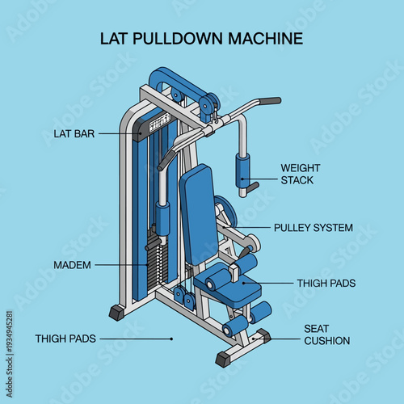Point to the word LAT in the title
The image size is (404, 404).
tap(113, 38)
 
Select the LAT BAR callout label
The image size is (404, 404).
tap(75, 134)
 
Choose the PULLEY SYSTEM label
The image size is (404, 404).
tap(313, 228)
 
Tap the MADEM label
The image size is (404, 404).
tap(72, 265)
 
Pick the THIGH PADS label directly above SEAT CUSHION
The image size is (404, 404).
tap(326, 284)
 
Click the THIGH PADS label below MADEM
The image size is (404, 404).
tap(65, 339)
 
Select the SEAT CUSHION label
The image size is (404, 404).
tap(326, 335)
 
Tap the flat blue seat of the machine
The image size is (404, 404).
tap(229, 292)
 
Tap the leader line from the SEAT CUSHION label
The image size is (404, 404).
tap(283, 335)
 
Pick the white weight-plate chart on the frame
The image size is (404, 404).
tap(160, 122)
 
